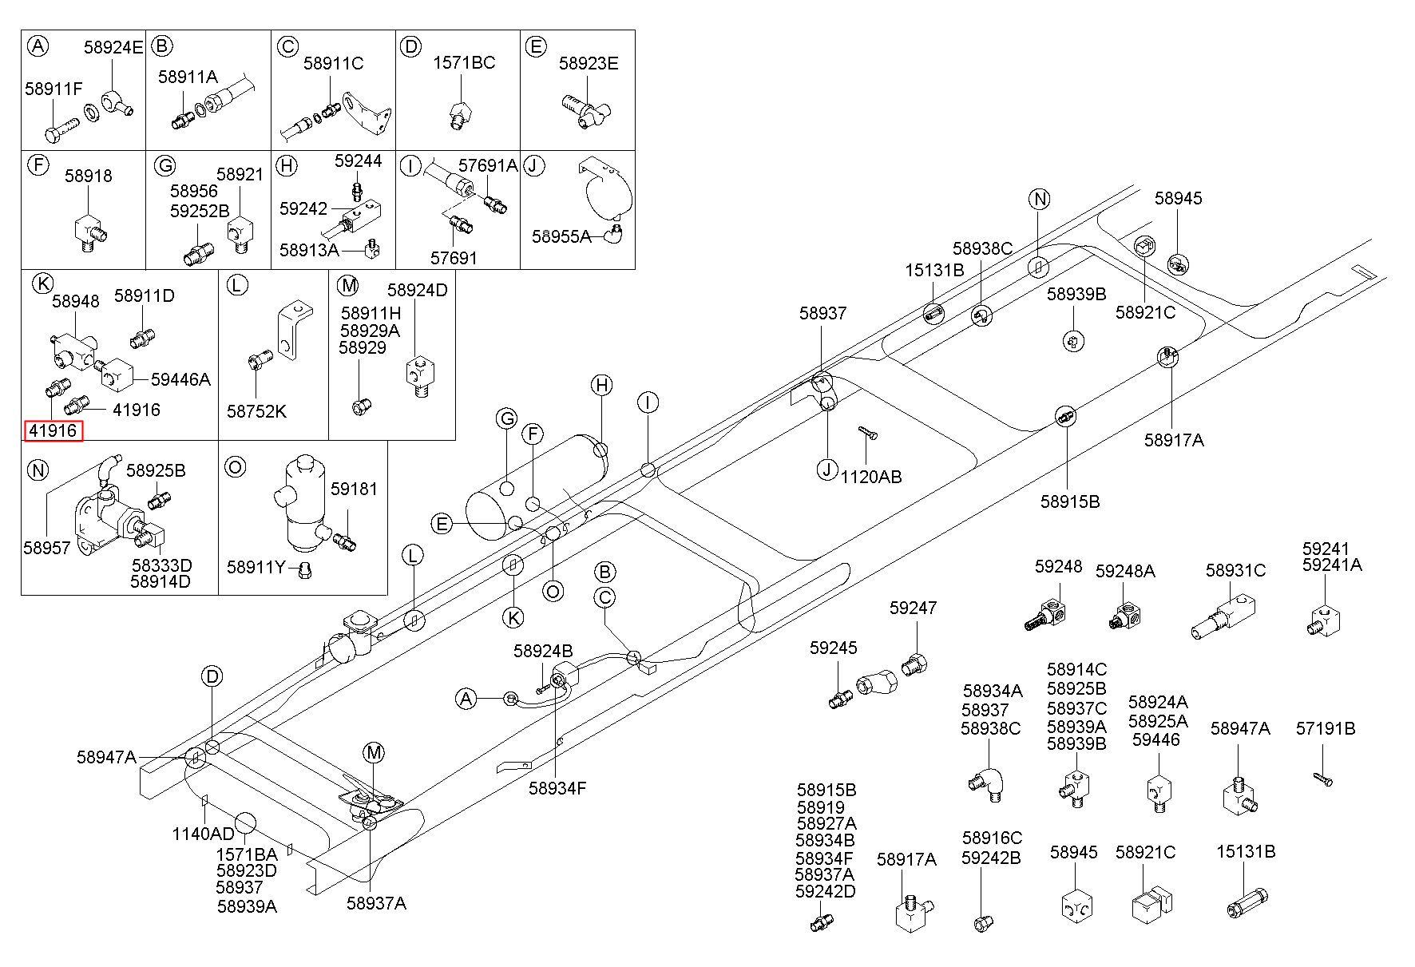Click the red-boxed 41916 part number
(x=54, y=431)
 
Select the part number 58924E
(x=113, y=47)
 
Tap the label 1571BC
(x=464, y=62)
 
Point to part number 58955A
(x=562, y=236)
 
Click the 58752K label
(x=256, y=412)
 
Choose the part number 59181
(x=354, y=489)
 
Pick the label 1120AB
(x=871, y=477)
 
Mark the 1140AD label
(x=204, y=834)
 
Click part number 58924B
(x=543, y=651)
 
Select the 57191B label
(x=1326, y=728)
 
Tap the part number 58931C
(x=1235, y=570)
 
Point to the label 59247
(x=913, y=608)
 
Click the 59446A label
(x=180, y=380)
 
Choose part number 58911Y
(x=256, y=567)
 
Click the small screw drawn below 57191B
(x=1322, y=778)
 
